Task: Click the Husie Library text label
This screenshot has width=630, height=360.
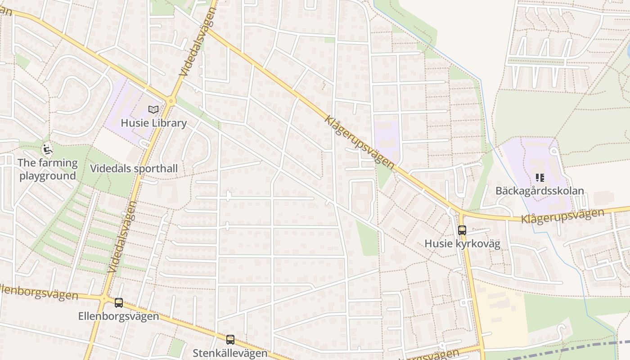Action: click(153, 123)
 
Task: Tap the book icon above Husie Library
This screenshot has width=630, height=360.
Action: click(153, 109)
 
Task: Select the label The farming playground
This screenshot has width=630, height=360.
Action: click(48, 169)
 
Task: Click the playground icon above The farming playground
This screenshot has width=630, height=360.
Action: click(47, 148)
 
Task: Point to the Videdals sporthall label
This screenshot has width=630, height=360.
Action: click(134, 169)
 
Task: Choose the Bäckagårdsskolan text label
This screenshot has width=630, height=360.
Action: click(540, 190)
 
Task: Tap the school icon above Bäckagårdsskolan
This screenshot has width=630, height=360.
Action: click(540, 178)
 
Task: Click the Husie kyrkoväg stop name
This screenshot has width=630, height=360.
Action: click(462, 244)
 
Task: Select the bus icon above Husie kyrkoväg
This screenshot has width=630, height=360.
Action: click(462, 230)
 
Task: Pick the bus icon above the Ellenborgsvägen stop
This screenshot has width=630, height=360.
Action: click(119, 303)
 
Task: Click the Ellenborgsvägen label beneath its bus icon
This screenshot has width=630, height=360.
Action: click(119, 316)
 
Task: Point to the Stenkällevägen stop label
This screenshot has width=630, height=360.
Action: click(230, 353)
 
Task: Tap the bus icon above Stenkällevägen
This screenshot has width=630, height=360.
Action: click(230, 340)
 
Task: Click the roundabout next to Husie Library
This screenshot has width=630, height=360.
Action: click(171, 102)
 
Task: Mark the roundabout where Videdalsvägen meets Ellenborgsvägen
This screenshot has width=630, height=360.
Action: click(104, 298)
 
